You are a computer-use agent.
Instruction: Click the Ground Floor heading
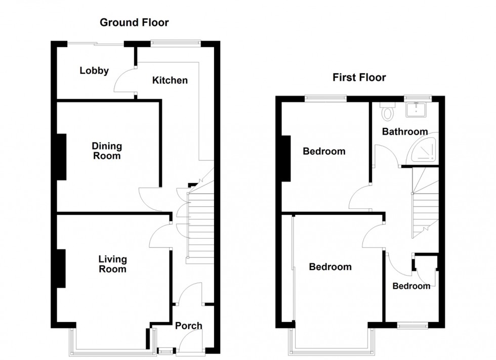click(x=134, y=22)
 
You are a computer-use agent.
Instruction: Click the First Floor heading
click(x=359, y=77)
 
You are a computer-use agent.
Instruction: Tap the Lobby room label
click(x=94, y=71)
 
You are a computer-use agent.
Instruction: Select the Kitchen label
click(x=170, y=80)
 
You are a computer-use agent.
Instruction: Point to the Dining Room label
click(x=107, y=151)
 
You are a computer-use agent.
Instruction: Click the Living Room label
click(x=112, y=264)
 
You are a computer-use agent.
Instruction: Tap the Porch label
click(x=189, y=326)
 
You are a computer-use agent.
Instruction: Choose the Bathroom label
click(x=404, y=131)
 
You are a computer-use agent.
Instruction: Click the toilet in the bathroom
click(x=388, y=111)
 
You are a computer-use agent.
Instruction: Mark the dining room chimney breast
click(x=61, y=156)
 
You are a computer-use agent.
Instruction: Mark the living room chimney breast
click(x=61, y=268)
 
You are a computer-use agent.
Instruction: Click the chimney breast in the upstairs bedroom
click(x=286, y=159)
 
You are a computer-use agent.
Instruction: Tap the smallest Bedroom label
click(x=411, y=286)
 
